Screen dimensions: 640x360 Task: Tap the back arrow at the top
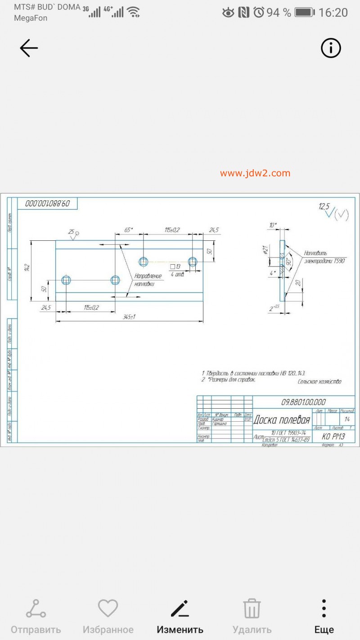click(x=29, y=48)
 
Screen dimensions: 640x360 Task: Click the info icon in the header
click(x=331, y=48)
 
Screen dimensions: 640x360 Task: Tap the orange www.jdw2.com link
click(x=255, y=173)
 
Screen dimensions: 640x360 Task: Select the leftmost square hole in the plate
click(x=67, y=280)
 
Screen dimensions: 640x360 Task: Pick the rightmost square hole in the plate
click(x=193, y=261)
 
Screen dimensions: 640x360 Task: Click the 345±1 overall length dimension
click(x=129, y=317)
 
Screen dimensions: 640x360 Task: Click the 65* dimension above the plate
click(x=129, y=230)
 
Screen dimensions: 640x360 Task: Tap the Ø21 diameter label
click(x=265, y=250)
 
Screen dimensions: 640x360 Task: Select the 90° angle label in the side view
click(x=289, y=261)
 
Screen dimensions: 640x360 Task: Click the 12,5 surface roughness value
click(x=324, y=207)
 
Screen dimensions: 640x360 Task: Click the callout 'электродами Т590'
click(x=324, y=261)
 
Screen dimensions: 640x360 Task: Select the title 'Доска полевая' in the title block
click(x=282, y=420)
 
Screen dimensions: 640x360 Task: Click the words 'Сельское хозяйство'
click(x=319, y=382)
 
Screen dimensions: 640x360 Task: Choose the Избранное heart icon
click(x=108, y=609)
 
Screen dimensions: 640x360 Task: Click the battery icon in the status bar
click(x=305, y=13)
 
